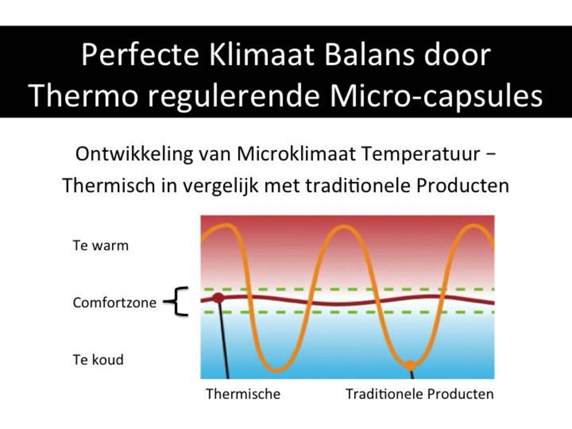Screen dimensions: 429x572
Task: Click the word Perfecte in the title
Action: tap(140, 55)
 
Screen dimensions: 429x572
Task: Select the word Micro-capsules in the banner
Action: tap(436, 95)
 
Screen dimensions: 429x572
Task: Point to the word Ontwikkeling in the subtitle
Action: tap(134, 154)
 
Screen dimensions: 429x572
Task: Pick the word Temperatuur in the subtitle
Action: tap(420, 154)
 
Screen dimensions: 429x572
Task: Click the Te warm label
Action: tap(101, 245)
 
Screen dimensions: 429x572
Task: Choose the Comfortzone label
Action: tap(114, 303)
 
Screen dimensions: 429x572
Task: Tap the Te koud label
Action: tap(98, 360)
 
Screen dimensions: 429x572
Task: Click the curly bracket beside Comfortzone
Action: tap(177, 302)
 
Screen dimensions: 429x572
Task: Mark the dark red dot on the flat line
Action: tap(218, 298)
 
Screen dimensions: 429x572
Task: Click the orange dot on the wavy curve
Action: tap(410, 365)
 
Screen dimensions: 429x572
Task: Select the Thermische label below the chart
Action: tap(243, 394)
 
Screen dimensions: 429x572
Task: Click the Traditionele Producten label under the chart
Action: tap(420, 394)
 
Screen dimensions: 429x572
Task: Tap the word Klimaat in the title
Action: tap(261, 55)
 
